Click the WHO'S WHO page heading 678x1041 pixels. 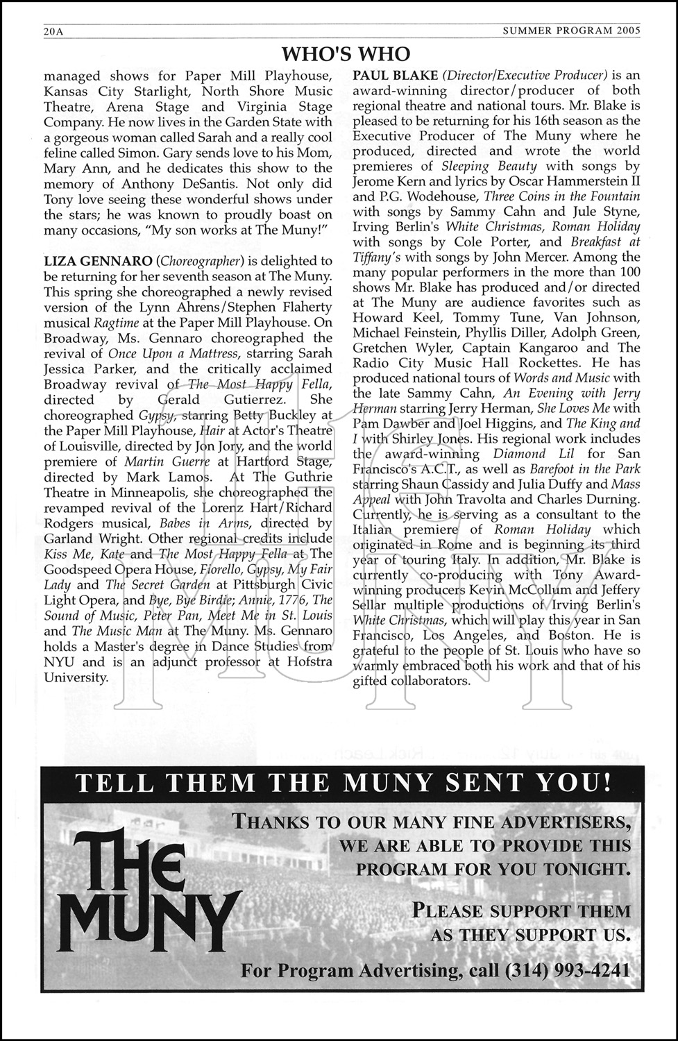click(x=346, y=53)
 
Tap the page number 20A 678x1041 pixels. click(x=53, y=31)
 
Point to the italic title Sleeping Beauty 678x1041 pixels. click(x=489, y=166)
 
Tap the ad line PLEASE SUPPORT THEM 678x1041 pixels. click(x=521, y=910)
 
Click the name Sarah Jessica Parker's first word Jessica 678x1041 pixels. click(x=70, y=368)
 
